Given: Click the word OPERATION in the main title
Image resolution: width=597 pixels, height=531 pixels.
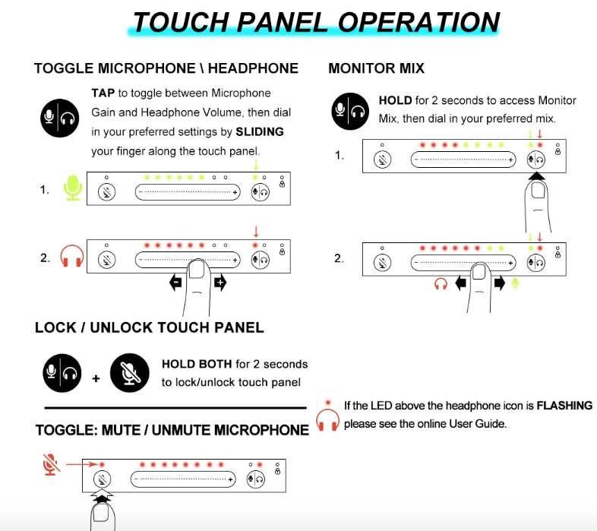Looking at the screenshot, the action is click(x=419, y=22).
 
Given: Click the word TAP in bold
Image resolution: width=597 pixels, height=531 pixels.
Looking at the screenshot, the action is click(x=103, y=93).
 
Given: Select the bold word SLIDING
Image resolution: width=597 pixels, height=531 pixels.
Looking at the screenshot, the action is click(x=260, y=131).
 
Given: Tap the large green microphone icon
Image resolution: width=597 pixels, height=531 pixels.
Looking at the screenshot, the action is click(x=73, y=188).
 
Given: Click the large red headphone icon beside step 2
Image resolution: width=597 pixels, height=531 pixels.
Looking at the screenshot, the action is click(x=72, y=256).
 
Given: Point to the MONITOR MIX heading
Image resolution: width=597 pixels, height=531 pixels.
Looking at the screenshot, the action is click(x=376, y=68).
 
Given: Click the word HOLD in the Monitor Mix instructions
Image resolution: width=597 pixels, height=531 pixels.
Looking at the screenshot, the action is click(x=395, y=100).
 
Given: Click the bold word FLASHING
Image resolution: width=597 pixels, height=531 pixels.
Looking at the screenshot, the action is click(x=564, y=406).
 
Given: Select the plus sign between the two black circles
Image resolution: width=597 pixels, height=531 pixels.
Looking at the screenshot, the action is click(x=96, y=378).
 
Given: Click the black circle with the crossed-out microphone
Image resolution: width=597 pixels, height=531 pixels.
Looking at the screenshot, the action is click(x=129, y=373).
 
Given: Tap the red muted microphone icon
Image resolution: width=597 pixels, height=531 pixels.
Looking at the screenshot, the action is click(x=50, y=464).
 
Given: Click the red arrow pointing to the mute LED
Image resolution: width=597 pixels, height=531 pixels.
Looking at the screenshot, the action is click(x=82, y=464).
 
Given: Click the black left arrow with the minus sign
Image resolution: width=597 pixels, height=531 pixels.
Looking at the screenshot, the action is click(x=176, y=283).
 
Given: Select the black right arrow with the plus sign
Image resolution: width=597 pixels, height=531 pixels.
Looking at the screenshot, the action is click(x=220, y=283).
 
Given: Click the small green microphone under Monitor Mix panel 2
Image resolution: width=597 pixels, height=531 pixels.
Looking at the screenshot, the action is click(x=515, y=283).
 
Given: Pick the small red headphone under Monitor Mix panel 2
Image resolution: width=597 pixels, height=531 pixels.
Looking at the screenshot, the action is click(x=441, y=284).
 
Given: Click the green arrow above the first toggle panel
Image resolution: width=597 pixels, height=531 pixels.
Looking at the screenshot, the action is click(x=256, y=165).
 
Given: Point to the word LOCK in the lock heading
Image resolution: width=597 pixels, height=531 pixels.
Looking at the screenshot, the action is click(x=55, y=327).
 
